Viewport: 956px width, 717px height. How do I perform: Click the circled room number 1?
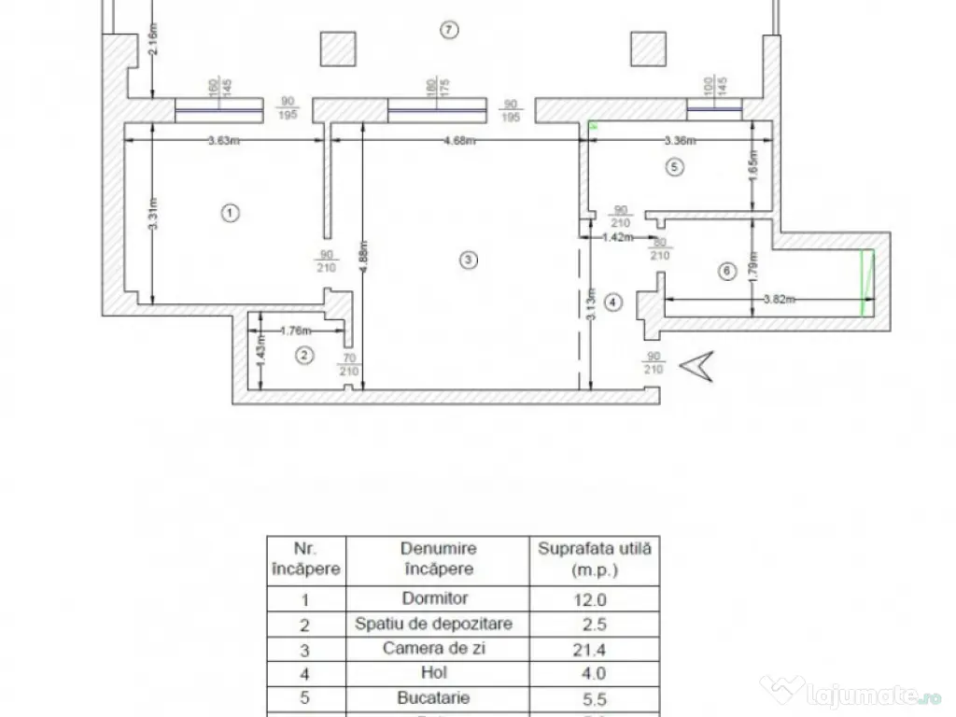click(231, 213)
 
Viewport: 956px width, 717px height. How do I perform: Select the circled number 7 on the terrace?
click(449, 30)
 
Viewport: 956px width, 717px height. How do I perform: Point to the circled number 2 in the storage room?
click(302, 355)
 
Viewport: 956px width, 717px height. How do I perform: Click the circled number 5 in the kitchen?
click(676, 167)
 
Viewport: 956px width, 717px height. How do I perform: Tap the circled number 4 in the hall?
click(612, 302)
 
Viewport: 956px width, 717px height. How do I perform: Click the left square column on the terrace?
click(336, 49)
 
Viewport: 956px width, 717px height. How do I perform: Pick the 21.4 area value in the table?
click(594, 648)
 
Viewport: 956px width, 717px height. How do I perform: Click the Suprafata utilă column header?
click(594, 558)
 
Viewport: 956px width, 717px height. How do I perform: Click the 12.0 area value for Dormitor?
click(594, 599)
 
